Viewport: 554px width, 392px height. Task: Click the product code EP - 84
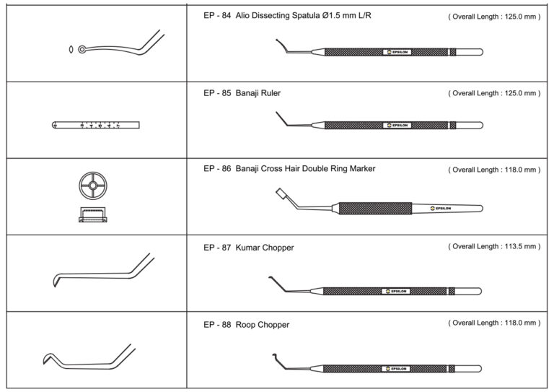[216, 15]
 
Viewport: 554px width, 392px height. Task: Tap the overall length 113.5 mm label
[494, 247]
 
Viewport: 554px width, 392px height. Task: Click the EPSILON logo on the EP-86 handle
[438, 208]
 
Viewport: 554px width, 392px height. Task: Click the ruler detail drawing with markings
[96, 125]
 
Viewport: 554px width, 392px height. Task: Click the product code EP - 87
[216, 248]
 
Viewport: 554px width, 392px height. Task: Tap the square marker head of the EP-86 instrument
[280, 194]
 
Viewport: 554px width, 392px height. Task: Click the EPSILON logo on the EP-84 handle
[397, 52]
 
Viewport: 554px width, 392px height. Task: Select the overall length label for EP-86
[494, 170]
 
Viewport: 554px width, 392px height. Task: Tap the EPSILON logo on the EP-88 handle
[397, 368]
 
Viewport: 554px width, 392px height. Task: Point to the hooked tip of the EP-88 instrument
[276, 355]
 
